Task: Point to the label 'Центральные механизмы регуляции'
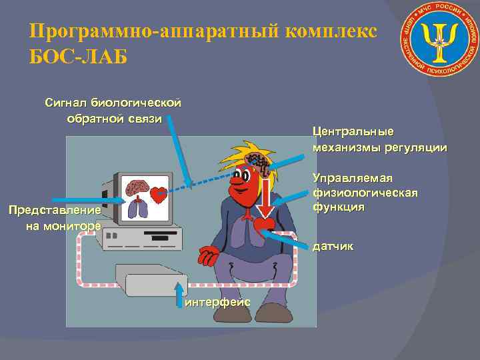tap(379, 139)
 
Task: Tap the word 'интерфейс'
tap(218, 302)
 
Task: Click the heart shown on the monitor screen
tap(158, 195)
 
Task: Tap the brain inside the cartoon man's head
tap(257, 160)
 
